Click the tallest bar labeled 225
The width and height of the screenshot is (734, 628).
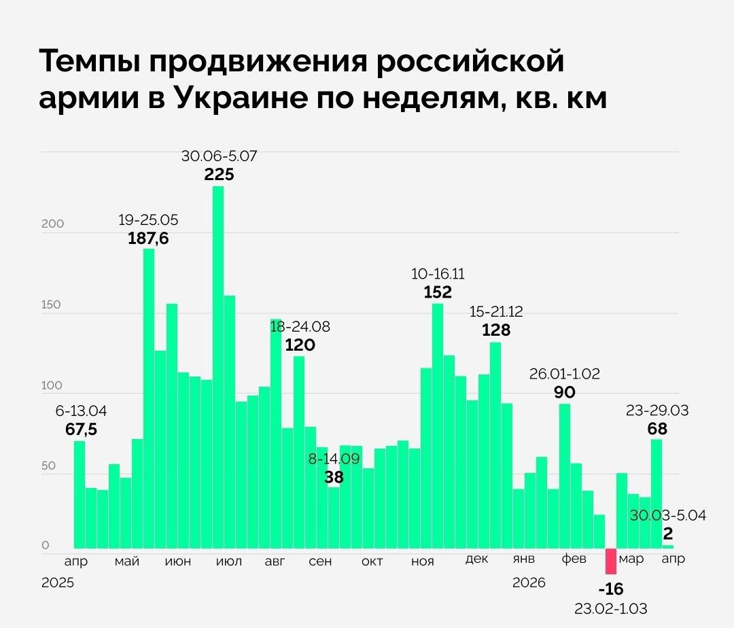point(218,367)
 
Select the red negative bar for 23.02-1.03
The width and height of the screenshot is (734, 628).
point(611,561)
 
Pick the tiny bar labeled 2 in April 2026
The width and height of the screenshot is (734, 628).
point(669,546)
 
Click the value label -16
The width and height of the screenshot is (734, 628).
point(611,589)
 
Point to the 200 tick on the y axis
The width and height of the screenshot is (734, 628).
point(52,224)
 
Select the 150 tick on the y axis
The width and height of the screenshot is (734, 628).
point(52,304)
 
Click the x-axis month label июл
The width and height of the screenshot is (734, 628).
point(228,561)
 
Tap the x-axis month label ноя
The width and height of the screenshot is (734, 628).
point(423,561)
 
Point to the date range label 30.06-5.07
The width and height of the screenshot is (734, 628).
point(219,156)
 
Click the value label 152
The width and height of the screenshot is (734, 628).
point(438,292)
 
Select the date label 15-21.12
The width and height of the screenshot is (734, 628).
point(496,312)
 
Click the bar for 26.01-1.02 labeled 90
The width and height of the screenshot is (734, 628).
point(565,476)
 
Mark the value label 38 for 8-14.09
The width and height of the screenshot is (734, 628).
point(334,477)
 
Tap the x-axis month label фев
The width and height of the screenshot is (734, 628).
point(574,559)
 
